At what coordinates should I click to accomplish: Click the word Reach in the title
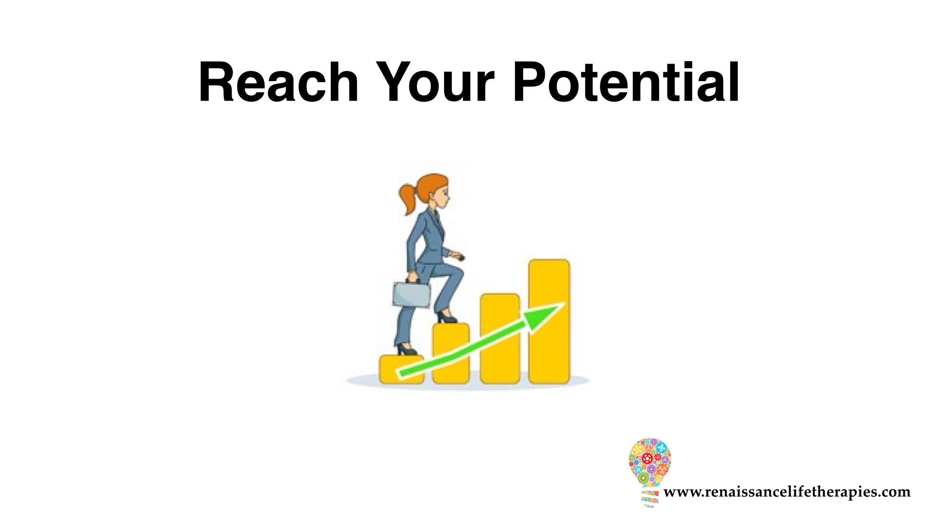click(x=278, y=82)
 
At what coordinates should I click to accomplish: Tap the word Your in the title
click(x=435, y=82)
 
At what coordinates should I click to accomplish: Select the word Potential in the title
click(x=626, y=82)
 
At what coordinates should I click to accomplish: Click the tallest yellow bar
click(x=549, y=322)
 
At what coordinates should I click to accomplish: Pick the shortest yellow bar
click(x=402, y=369)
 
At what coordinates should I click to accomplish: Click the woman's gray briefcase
click(x=411, y=294)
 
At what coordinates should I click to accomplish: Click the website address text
click(x=787, y=492)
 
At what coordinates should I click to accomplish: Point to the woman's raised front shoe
click(x=447, y=317)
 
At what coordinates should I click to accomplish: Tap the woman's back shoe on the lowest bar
click(x=406, y=349)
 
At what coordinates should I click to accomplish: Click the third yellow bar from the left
click(x=500, y=338)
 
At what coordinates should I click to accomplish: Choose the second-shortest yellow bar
click(x=451, y=353)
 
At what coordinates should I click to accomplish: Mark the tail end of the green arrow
click(x=401, y=375)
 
